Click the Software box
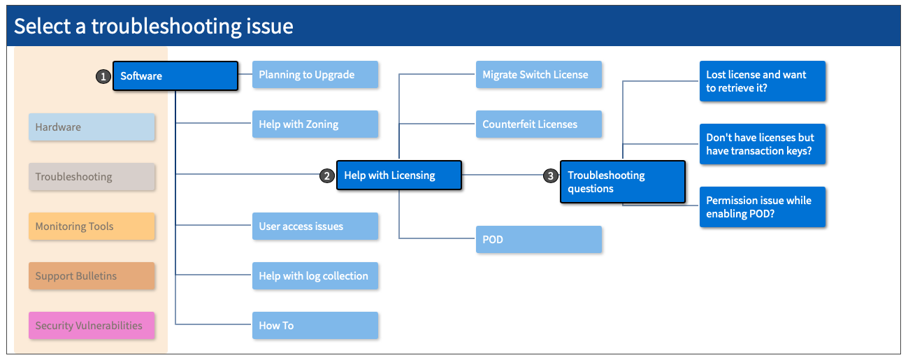point(175,76)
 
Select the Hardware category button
point(92,127)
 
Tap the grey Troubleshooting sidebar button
point(92,177)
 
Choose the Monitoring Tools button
point(92,226)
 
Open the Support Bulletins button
point(92,276)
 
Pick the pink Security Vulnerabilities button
point(92,326)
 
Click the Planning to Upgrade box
point(315,75)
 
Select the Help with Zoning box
point(315,124)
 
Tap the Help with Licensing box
point(398,175)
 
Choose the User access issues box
point(315,226)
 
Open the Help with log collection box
point(315,276)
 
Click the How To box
point(315,326)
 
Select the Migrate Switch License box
point(538,75)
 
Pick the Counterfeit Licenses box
point(538,124)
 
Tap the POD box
point(538,240)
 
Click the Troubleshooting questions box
point(622,182)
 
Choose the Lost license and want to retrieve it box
point(762,81)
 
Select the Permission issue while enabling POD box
point(762,207)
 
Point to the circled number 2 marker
point(326,176)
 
